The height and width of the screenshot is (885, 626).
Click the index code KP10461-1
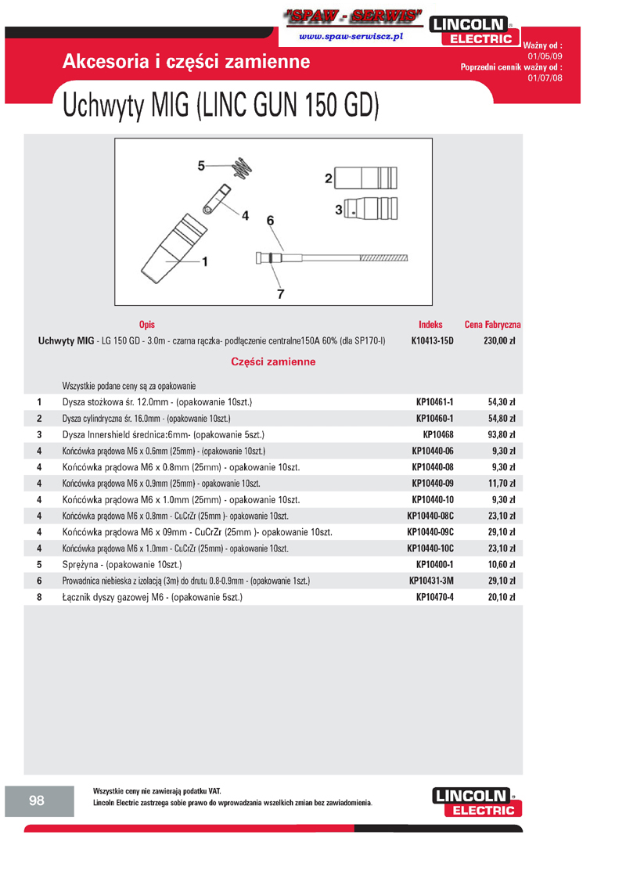434,402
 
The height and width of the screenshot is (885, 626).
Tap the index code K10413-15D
432,341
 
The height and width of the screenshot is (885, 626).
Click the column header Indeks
430,324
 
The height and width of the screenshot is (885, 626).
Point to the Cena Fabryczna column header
493,324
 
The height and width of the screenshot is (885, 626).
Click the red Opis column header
146,324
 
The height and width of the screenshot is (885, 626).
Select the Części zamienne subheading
273,362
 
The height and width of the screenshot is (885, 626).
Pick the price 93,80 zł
501,434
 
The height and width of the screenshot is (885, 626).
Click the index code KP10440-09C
430,532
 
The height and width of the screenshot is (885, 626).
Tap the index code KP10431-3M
431,581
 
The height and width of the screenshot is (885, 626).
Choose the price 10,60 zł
501,564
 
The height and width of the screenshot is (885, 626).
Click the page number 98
37,800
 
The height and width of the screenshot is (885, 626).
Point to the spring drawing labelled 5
245,167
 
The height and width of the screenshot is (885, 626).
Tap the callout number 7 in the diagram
280,293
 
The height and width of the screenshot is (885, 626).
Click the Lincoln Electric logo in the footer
475,802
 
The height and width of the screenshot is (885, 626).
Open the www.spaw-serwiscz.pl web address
351,37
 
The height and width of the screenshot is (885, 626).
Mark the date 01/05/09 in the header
545,56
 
